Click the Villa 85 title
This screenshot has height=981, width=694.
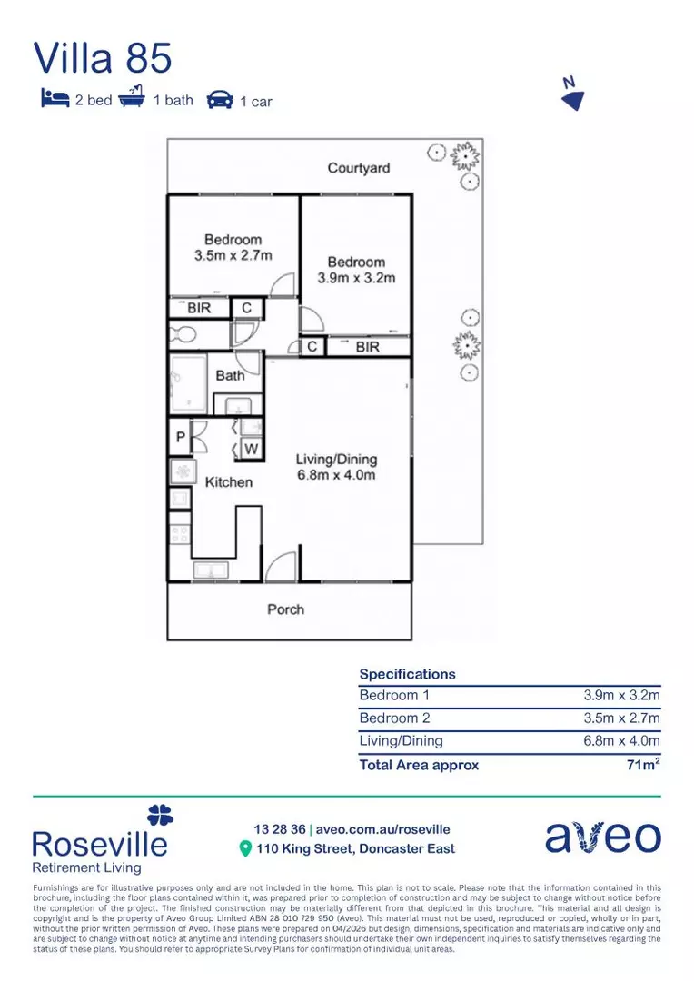click(x=103, y=57)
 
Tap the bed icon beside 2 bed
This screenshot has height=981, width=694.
click(x=55, y=98)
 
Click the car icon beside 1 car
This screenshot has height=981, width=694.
click(x=220, y=99)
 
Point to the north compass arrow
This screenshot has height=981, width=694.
click(x=571, y=96)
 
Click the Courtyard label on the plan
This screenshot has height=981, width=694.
click(x=358, y=168)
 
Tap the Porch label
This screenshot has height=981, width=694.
click(x=285, y=609)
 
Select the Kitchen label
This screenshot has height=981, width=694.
click(x=228, y=481)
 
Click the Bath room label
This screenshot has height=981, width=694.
click(x=230, y=375)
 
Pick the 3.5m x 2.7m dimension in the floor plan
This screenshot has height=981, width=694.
click(x=233, y=256)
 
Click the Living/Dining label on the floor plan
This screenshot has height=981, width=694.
click(x=336, y=460)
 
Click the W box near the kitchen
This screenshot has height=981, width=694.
click(x=252, y=448)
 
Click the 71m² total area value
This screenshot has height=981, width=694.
click(x=642, y=765)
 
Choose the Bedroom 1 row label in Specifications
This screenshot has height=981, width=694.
click(x=394, y=696)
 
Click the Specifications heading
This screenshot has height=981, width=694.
click(x=407, y=674)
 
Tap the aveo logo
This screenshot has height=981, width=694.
click(x=602, y=837)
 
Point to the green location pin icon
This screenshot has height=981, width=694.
click(x=244, y=849)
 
